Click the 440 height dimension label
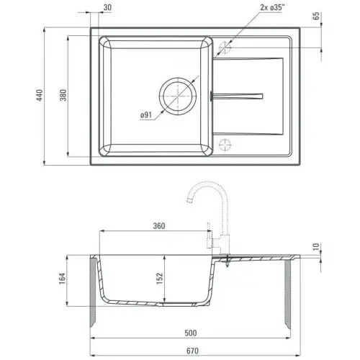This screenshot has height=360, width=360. coord(40,95)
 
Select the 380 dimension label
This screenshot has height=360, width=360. coord(63,95)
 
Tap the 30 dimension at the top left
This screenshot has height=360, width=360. coord(107,7)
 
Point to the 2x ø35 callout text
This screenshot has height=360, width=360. coord(272,7)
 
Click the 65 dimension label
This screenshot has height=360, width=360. coord(317,16)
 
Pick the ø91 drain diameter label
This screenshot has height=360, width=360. coord(146,115)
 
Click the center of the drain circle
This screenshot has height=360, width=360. coord(178,96)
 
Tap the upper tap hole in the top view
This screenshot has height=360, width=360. coord(225,48)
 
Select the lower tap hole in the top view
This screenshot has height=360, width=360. coord(225,145)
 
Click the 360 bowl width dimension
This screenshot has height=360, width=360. coord(159,226)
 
